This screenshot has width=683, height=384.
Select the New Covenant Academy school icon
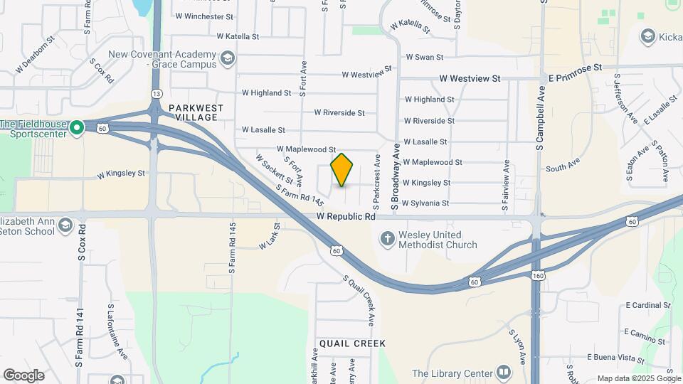point(227,57)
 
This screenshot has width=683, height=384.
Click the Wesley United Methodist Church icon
point(388,240)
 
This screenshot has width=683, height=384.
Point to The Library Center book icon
point(504,373)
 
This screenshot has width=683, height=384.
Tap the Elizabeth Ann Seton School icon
point(66,225)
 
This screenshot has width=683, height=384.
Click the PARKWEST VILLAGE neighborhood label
point(196,112)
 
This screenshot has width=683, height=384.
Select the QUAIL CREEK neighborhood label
point(352,343)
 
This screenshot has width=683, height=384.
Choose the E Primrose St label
point(575,67)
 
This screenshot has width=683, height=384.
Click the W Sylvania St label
point(425,203)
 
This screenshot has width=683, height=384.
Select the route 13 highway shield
point(156,94)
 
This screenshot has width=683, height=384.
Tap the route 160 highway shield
point(539,274)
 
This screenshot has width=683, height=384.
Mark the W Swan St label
point(424,57)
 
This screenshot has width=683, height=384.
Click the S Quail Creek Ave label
point(359,300)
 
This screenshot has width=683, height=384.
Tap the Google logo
point(23,375)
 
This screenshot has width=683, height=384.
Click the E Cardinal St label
point(648,305)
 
